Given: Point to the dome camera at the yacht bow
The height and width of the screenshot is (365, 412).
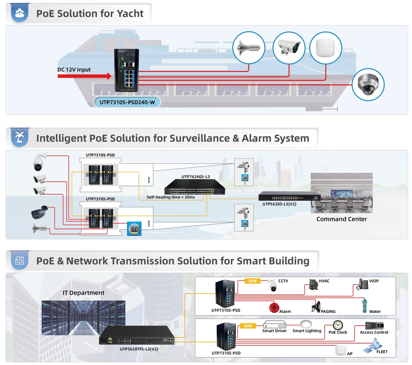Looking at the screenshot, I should (368, 85).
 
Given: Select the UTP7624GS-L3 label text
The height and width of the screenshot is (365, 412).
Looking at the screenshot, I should (195, 177).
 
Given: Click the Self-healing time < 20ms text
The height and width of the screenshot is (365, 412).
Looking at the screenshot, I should (170, 197).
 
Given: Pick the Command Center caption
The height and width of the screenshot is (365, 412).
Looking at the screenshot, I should (341, 219).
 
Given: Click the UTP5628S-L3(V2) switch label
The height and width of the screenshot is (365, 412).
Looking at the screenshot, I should (280, 204).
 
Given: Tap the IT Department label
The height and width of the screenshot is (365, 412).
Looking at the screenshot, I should (83, 293).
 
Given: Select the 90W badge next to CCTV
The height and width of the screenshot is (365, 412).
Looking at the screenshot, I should (252, 281).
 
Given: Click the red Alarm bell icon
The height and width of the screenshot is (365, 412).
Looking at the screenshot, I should (274, 307).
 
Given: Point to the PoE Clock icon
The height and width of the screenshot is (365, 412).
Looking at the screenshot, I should (338, 325).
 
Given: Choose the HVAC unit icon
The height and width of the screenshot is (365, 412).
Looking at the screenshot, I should (313, 284).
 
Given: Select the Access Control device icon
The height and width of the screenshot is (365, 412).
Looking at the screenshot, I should (374, 325).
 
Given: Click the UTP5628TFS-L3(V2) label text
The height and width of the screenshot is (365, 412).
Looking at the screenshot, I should (139, 349).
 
